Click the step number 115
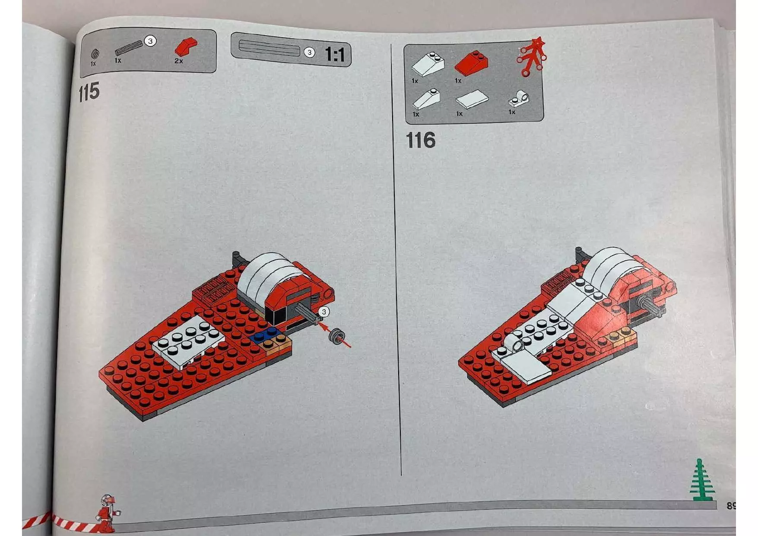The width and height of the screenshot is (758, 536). (89, 92)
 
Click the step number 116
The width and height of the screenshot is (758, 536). (420, 140)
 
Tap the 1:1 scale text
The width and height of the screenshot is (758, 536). (335, 55)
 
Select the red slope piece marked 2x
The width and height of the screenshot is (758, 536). (185, 46)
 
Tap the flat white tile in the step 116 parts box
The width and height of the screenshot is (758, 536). (472, 100)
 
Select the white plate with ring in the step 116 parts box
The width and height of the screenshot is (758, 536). (519, 99)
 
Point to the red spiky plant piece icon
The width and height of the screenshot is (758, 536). (532, 57)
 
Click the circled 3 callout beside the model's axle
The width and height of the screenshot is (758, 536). (323, 312)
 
